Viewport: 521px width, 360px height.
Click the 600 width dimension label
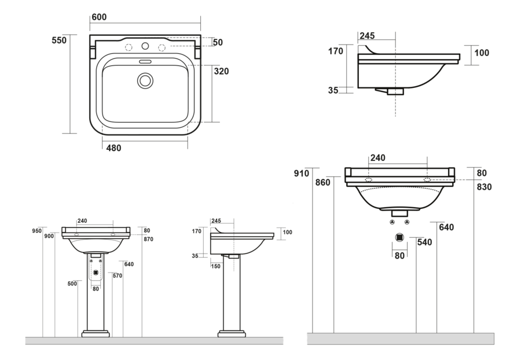[99, 18]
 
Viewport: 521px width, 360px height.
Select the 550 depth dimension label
[59, 41]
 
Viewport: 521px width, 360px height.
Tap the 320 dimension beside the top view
[222, 72]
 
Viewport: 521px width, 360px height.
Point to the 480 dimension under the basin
[113, 148]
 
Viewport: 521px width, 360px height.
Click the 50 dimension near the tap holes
[218, 42]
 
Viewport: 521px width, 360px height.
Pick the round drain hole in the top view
[145, 80]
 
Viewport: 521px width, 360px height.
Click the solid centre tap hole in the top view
[145, 46]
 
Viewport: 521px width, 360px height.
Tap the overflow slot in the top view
[145, 60]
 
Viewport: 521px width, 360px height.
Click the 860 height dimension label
[323, 182]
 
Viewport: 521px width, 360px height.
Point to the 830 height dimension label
[485, 187]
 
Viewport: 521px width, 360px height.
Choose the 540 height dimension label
[425, 243]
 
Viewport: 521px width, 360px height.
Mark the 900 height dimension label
[49, 236]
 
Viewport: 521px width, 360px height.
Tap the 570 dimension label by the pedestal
[116, 276]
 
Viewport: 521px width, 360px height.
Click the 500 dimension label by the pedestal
[72, 284]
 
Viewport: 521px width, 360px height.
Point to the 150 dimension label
[216, 266]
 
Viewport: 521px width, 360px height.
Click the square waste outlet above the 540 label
[399, 238]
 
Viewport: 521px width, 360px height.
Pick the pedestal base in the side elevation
[232, 334]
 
